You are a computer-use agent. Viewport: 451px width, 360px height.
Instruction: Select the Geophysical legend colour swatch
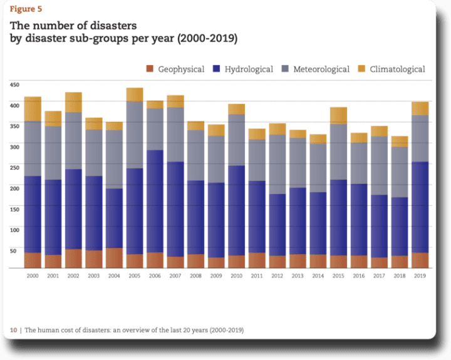(149, 69)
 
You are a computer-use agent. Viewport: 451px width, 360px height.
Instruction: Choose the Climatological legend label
(397, 69)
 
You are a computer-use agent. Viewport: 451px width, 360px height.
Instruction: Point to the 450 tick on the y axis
(15, 84)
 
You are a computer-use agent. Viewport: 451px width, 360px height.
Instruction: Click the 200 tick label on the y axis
(15, 187)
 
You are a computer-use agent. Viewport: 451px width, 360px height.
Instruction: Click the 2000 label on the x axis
(33, 275)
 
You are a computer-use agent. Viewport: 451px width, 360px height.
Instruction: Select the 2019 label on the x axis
(420, 275)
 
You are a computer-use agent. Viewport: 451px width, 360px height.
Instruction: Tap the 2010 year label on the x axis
(237, 275)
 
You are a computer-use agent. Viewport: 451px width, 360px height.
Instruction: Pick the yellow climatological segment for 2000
(33, 109)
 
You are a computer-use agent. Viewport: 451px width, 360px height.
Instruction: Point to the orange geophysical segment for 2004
(114, 258)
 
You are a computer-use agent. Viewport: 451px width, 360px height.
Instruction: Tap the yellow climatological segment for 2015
(338, 115)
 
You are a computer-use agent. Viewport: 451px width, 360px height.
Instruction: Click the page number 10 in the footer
(13, 329)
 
